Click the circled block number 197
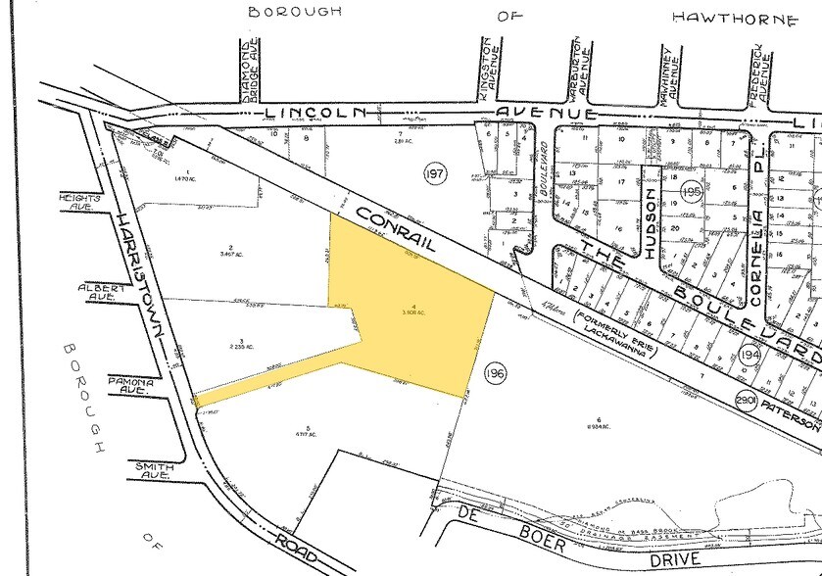[x=435, y=173]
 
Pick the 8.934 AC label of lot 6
[x=597, y=426]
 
